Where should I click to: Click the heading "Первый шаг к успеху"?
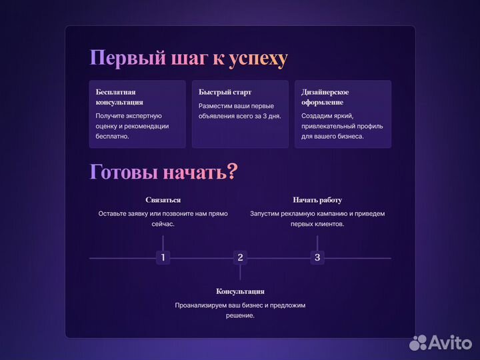pyautogui.click(x=189, y=59)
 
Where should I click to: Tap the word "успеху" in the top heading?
pyautogui.click(x=258, y=59)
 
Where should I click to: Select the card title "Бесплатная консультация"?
pyautogui.click(x=119, y=97)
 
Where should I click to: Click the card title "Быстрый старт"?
pyautogui.click(x=225, y=91)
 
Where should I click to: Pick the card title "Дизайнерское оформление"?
pyautogui.click(x=325, y=97)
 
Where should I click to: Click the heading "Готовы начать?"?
pyautogui.click(x=163, y=172)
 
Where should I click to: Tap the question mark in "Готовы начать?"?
pyautogui.click(x=232, y=172)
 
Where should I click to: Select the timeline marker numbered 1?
pyautogui.click(x=163, y=257)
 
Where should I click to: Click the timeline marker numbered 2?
pyautogui.click(x=241, y=257)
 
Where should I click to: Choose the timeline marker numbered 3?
pyautogui.click(x=317, y=257)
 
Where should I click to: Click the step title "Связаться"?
pyautogui.click(x=163, y=200)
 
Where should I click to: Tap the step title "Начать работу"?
pyautogui.click(x=317, y=200)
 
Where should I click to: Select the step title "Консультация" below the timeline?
pyautogui.click(x=240, y=291)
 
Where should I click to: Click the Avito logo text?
pyautogui.click(x=449, y=343)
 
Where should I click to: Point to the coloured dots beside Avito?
pyautogui.click(x=418, y=343)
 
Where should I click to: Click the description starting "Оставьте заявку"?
pyautogui.click(x=163, y=219)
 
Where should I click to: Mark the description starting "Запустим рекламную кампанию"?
pyautogui.click(x=317, y=219)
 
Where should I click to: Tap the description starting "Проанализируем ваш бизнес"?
pyautogui.click(x=240, y=310)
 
